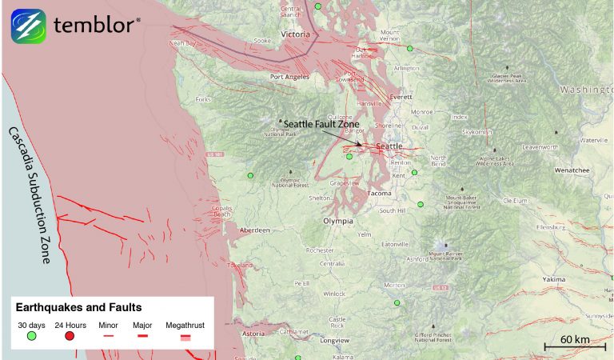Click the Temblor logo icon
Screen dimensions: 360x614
pyautogui.click(x=28, y=26)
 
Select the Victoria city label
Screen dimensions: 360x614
pyautogui.click(x=295, y=35)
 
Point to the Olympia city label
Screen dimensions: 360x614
pyautogui.click(x=338, y=220)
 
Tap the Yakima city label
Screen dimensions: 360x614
pyautogui.click(x=553, y=280)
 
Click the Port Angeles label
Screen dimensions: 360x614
pyautogui.click(x=289, y=77)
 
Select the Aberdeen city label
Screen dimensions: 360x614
pyautogui.click(x=254, y=230)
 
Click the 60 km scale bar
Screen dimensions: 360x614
pyautogui.click(x=574, y=346)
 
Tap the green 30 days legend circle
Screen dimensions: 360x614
pyautogui.click(x=31, y=336)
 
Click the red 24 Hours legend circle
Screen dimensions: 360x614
pyautogui.click(x=70, y=336)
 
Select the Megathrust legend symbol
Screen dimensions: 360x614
pyautogui.click(x=185, y=338)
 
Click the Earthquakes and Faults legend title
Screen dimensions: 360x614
pyautogui.click(x=78, y=306)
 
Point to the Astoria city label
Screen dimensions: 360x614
pyautogui.click(x=253, y=333)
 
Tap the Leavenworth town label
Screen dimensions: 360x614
pyautogui.click(x=540, y=148)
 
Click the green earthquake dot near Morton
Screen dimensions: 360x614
pyautogui.click(x=397, y=303)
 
